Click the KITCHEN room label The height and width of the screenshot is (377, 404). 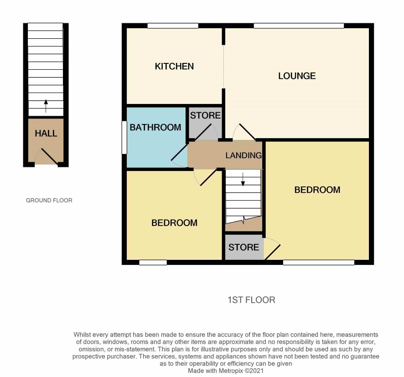(x=174, y=67)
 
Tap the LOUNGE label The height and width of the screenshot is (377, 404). (x=297, y=76)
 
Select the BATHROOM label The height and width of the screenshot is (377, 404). (x=155, y=128)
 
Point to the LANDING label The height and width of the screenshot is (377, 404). (x=243, y=155)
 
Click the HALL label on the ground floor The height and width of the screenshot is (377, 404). (x=46, y=134)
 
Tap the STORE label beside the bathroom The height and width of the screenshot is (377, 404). (x=205, y=115)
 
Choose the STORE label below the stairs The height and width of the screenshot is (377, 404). (x=243, y=247)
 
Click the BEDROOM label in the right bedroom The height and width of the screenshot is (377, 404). (x=317, y=190)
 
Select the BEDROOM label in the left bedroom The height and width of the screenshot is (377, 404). (x=174, y=223)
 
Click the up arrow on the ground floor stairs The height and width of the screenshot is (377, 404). (x=46, y=106)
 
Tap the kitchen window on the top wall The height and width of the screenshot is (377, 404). (x=173, y=26)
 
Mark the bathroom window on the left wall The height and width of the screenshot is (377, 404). (x=124, y=138)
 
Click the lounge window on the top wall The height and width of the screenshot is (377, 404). (x=299, y=26)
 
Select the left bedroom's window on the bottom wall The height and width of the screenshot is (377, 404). (x=153, y=263)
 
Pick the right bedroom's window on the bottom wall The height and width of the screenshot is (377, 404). (x=319, y=263)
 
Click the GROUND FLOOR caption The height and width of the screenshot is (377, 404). (x=49, y=200)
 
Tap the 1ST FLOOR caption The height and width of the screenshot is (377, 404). (x=251, y=300)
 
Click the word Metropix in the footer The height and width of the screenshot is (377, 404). (x=231, y=371)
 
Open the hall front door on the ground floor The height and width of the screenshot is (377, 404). (x=49, y=156)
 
